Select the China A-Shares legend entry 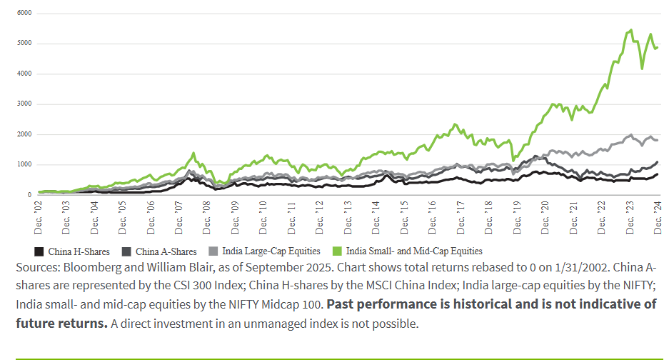[160, 251]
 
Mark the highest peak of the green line [630, 30]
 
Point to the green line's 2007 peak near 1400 [193, 153]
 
